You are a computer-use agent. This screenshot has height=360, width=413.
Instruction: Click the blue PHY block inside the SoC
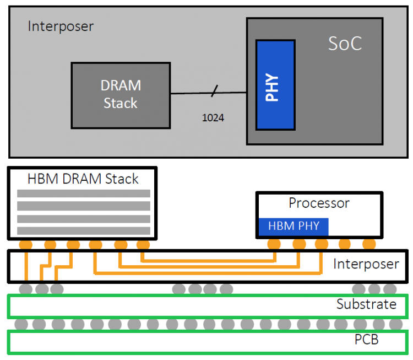[275, 85]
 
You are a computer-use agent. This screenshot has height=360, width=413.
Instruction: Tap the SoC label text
[345, 44]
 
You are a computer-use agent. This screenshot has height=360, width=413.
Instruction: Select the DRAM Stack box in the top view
[121, 95]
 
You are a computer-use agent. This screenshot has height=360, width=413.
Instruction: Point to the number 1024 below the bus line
[213, 117]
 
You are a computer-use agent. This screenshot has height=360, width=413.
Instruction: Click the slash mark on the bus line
[215, 91]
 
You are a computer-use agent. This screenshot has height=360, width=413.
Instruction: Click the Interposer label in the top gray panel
[61, 26]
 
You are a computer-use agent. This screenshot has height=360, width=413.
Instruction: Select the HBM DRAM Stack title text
[83, 179]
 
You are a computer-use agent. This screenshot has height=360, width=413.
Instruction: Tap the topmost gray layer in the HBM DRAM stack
[84, 194]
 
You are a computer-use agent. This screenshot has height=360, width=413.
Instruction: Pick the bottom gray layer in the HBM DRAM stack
[84, 231]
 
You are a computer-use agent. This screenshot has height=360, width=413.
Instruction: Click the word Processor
[319, 203]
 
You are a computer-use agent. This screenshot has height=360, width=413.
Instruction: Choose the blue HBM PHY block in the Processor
[294, 227]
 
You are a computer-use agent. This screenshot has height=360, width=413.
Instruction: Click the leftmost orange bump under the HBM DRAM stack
[26, 245]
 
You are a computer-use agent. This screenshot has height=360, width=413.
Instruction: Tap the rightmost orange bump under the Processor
[369, 244]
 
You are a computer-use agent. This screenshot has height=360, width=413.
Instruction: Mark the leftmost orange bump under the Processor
[274, 244]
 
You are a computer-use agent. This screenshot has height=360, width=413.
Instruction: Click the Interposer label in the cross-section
[366, 264]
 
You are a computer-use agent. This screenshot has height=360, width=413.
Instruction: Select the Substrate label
[366, 304]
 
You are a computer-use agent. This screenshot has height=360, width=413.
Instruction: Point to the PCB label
[366, 340]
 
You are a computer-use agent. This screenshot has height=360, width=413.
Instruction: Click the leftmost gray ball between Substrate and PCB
[21, 324]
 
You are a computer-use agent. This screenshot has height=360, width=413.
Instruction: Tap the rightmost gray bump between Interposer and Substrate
[390, 289]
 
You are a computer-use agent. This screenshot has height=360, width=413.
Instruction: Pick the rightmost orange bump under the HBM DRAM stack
[143, 245]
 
